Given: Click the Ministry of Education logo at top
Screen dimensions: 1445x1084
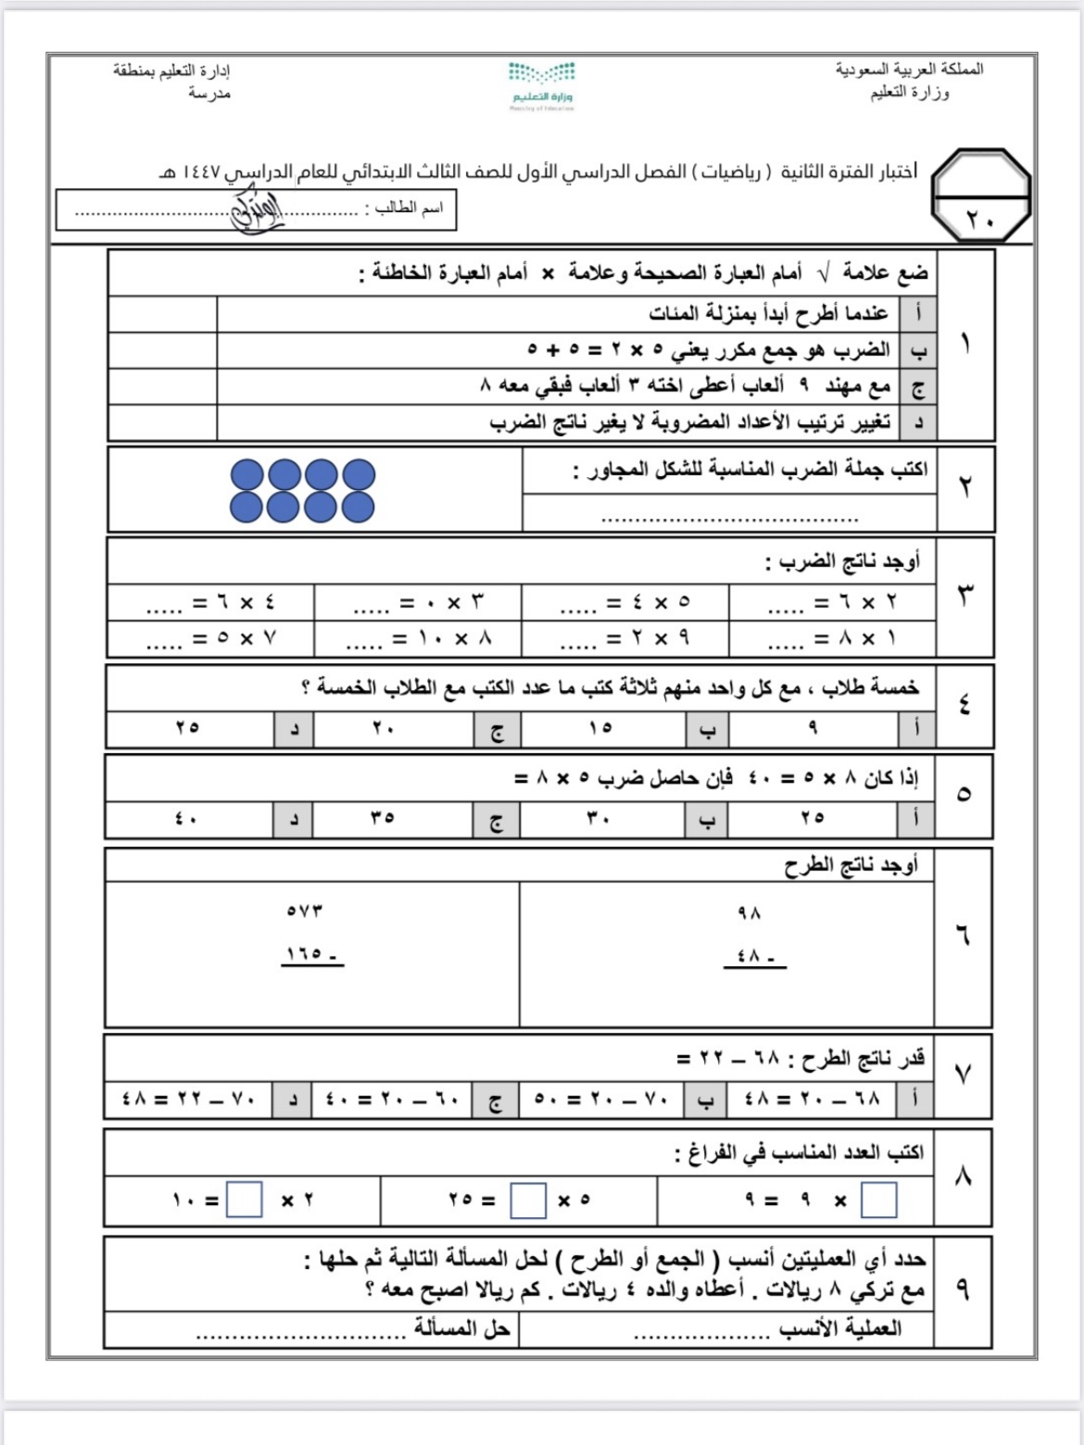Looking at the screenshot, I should (x=542, y=84).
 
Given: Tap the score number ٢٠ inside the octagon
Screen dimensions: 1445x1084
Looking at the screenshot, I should (x=980, y=220).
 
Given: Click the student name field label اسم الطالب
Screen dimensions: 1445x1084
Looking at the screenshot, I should (x=409, y=208).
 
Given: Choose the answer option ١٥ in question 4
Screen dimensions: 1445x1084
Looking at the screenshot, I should (x=600, y=728).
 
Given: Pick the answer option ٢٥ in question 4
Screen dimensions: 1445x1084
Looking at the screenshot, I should (x=187, y=728).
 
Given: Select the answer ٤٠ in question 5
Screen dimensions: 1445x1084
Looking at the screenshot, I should (x=187, y=819).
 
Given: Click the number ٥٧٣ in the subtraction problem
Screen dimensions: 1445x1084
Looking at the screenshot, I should (x=305, y=911).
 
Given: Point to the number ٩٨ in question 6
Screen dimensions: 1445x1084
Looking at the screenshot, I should (x=749, y=913).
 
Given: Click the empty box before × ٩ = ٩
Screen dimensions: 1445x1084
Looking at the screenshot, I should (x=878, y=1200).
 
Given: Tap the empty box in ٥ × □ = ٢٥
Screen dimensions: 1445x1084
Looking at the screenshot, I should (x=528, y=1200).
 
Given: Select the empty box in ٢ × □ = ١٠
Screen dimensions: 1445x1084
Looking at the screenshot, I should (x=245, y=1200).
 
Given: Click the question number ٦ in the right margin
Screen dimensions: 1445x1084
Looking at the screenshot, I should (x=963, y=936).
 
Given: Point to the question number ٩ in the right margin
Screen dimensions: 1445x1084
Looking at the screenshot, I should (x=963, y=1289).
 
